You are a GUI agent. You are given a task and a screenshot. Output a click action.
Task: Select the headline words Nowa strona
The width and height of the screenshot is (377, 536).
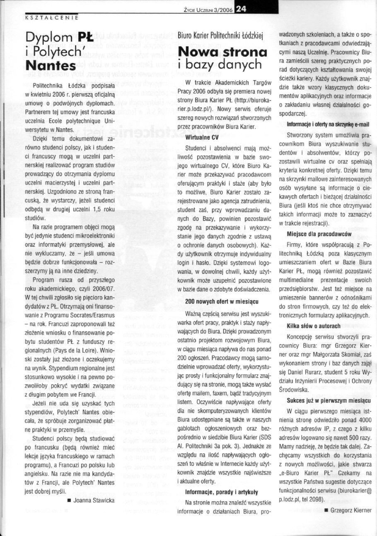point(222,52)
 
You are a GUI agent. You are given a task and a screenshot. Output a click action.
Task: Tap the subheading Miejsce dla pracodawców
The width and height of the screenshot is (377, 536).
point(319,234)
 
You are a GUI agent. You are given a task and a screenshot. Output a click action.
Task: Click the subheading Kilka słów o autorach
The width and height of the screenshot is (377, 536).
point(314,326)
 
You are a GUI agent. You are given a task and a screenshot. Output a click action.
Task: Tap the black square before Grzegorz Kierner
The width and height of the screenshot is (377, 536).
point(326,510)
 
